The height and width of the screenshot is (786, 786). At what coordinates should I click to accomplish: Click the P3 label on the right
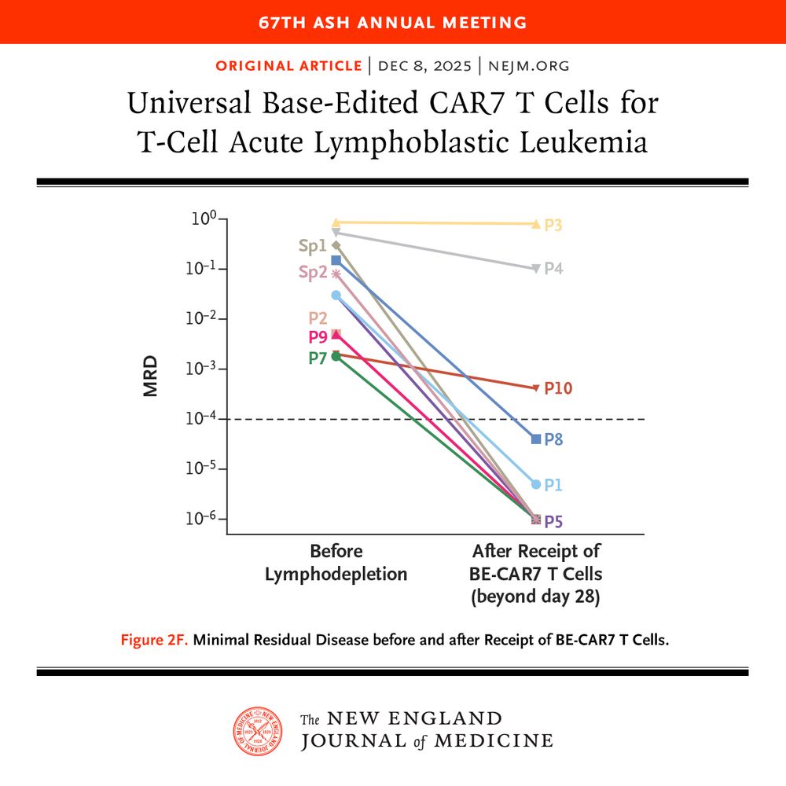[553, 226]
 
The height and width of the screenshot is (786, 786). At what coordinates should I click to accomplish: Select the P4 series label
[553, 269]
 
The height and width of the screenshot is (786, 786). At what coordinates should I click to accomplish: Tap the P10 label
[558, 388]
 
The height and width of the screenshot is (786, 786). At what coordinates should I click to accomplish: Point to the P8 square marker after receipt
[536, 439]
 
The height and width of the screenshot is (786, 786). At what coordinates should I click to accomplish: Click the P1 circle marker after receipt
[536, 484]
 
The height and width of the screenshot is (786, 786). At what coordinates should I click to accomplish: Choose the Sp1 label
[312, 246]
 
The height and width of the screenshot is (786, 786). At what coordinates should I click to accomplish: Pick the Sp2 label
[312, 273]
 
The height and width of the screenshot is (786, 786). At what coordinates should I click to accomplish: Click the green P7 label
[318, 358]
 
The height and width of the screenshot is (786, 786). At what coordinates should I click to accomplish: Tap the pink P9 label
[318, 338]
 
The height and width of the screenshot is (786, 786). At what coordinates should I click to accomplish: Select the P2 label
[318, 318]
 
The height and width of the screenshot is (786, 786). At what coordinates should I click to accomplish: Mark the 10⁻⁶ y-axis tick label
[203, 520]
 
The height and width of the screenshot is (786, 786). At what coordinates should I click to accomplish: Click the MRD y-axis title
[151, 376]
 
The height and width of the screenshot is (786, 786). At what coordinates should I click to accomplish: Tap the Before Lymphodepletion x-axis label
[336, 563]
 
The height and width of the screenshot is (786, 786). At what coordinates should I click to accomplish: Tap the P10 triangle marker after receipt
[536, 388]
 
